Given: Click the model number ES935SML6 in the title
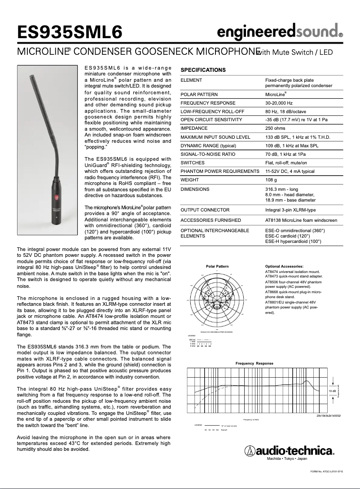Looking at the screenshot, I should [x=69, y=32].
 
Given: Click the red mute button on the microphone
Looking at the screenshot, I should [x=57, y=197].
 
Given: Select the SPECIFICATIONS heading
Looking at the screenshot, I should [x=203, y=70].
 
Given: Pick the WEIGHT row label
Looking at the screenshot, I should [x=190, y=180].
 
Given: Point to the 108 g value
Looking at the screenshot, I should [x=272, y=180].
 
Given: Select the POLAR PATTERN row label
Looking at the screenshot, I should [x=199, y=94].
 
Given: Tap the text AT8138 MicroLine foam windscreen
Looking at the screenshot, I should [x=301, y=220].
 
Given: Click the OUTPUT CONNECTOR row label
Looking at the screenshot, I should [x=205, y=210].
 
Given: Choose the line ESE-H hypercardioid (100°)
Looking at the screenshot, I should [x=293, y=241].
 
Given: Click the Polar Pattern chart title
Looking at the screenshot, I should [x=217, y=266].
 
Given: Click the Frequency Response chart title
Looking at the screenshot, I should [x=254, y=363].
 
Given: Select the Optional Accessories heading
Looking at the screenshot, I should [x=284, y=266].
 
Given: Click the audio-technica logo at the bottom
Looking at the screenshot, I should [x=290, y=450].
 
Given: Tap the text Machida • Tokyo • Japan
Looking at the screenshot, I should [x=287, y=459].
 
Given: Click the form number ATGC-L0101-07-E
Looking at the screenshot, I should [x=327, y=471].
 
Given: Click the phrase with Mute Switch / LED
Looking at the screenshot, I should [x=295, y=52].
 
